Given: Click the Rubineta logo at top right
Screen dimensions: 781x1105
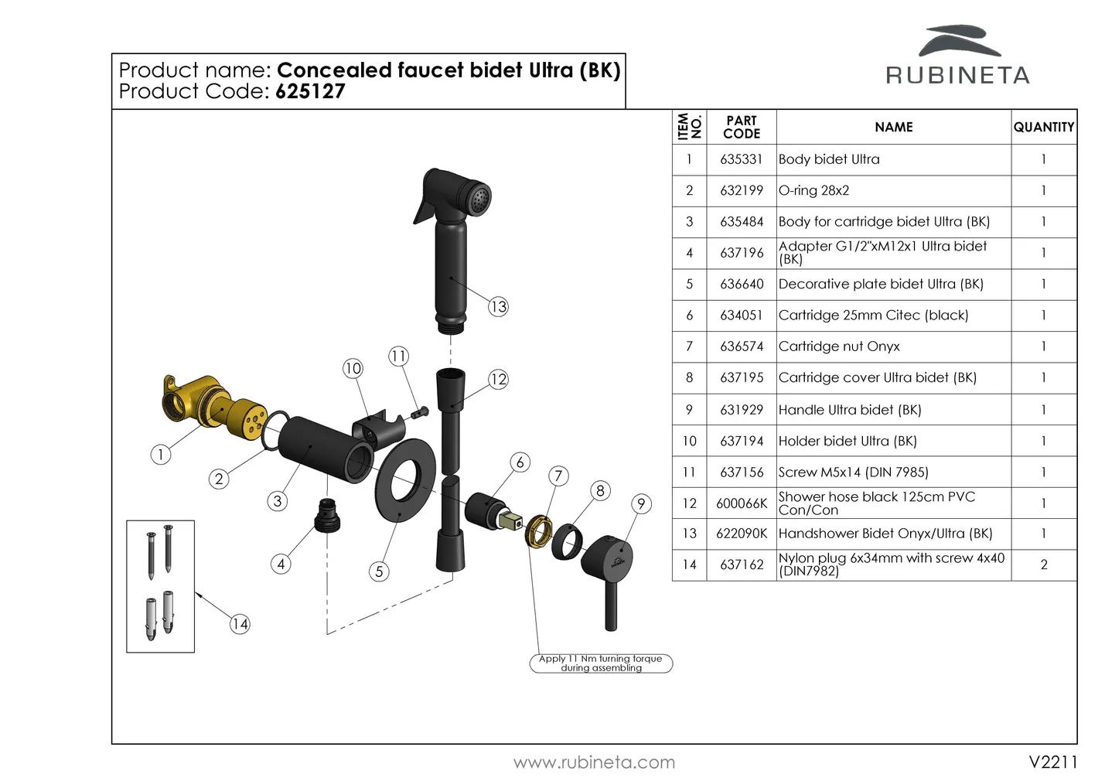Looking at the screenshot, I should (957, 56).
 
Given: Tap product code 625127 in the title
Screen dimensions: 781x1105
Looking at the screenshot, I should (310, 92).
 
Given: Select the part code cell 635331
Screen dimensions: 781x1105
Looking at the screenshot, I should (741, 159).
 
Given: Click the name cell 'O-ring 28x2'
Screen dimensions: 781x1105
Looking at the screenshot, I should (813, 190).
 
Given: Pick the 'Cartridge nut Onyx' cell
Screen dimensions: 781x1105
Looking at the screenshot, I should (839, 346).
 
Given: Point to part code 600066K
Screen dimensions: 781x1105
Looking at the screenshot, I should (741, 503).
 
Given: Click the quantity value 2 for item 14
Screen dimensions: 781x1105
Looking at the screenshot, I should (1043, 564).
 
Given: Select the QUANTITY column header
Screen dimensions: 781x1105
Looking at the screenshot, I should (1043, 127).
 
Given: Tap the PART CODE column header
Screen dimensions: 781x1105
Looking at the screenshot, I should (741, 127).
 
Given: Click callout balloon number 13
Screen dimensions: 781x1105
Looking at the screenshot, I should (498, 307).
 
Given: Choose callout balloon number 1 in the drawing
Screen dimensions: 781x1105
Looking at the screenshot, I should (160, 455).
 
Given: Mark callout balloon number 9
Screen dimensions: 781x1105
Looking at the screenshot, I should (641, 504).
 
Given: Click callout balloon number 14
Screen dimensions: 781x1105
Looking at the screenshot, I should (240, 624).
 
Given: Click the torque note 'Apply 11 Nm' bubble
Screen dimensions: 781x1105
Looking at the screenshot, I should (601, 663).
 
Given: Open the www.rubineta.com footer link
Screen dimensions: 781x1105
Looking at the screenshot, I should (594, 762).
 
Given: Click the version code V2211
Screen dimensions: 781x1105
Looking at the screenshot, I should (1052, 762).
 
